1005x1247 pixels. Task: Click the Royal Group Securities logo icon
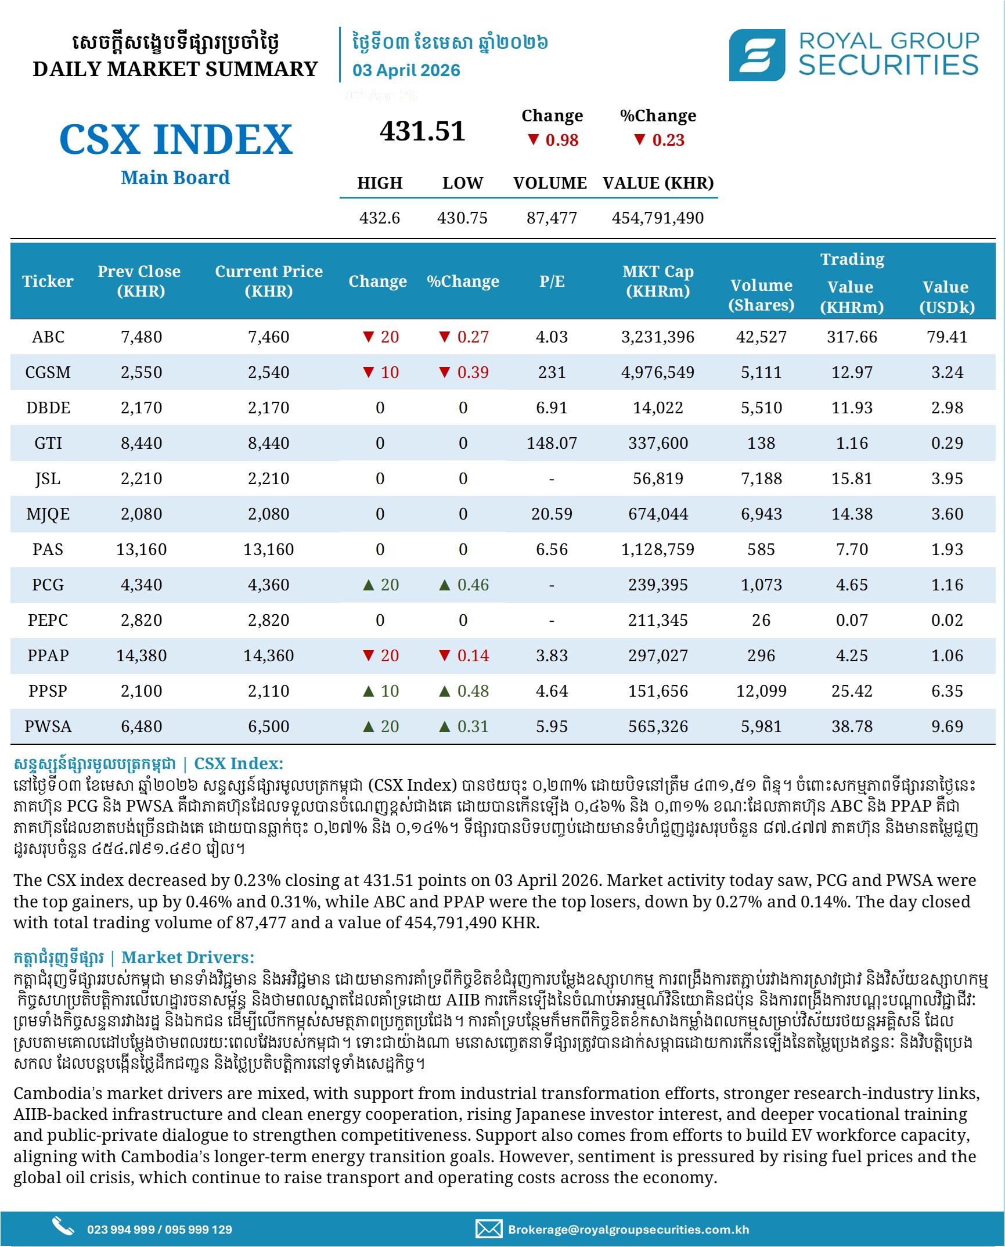pyautogui.click(x=757, y=55)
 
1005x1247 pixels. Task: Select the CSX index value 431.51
pyautogui.click(x=423, y=131)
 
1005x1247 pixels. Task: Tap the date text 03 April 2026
pyautogui.click(x=406, y=70)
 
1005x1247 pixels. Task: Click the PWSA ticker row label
pyautogui.click(x=48, y=726)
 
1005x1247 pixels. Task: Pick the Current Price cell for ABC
pyautogui.click(x=268, y=337)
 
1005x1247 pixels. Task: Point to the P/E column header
pyautogui.click(x=551, y=282)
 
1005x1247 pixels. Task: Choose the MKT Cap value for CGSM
pyautogui.click(x=657, y=373)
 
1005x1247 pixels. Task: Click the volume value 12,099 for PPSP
pyautogui.click(x=761, y=691)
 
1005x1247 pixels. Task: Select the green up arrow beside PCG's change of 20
pyautogui.click(x=368, y=585)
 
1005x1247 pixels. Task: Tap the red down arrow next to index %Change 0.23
pyautogui.click(x=639, y=140)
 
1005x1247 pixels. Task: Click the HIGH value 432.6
pyautogui.click(x=379, y=218)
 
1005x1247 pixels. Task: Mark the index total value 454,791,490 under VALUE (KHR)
pyautogui.click(x=657, y=218)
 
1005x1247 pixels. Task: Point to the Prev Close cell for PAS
pyautogui.click(x=141, y=550)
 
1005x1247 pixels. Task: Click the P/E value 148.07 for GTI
pyautogui.click(x=551, y=444)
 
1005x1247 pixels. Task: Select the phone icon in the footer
pyautogui.click(x=63, y=1226)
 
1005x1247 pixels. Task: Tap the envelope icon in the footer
pyautogui.click(x=488, y=1229)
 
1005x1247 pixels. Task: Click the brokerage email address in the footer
pyautogui.click(x=628, y=1230)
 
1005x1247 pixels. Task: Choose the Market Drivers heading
pyautogui.click(x=188, y=957)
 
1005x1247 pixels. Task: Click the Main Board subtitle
pyautogui.click(x=175, y=178)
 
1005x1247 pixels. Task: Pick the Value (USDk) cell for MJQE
pyautogui.click(x=946, y=514)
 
